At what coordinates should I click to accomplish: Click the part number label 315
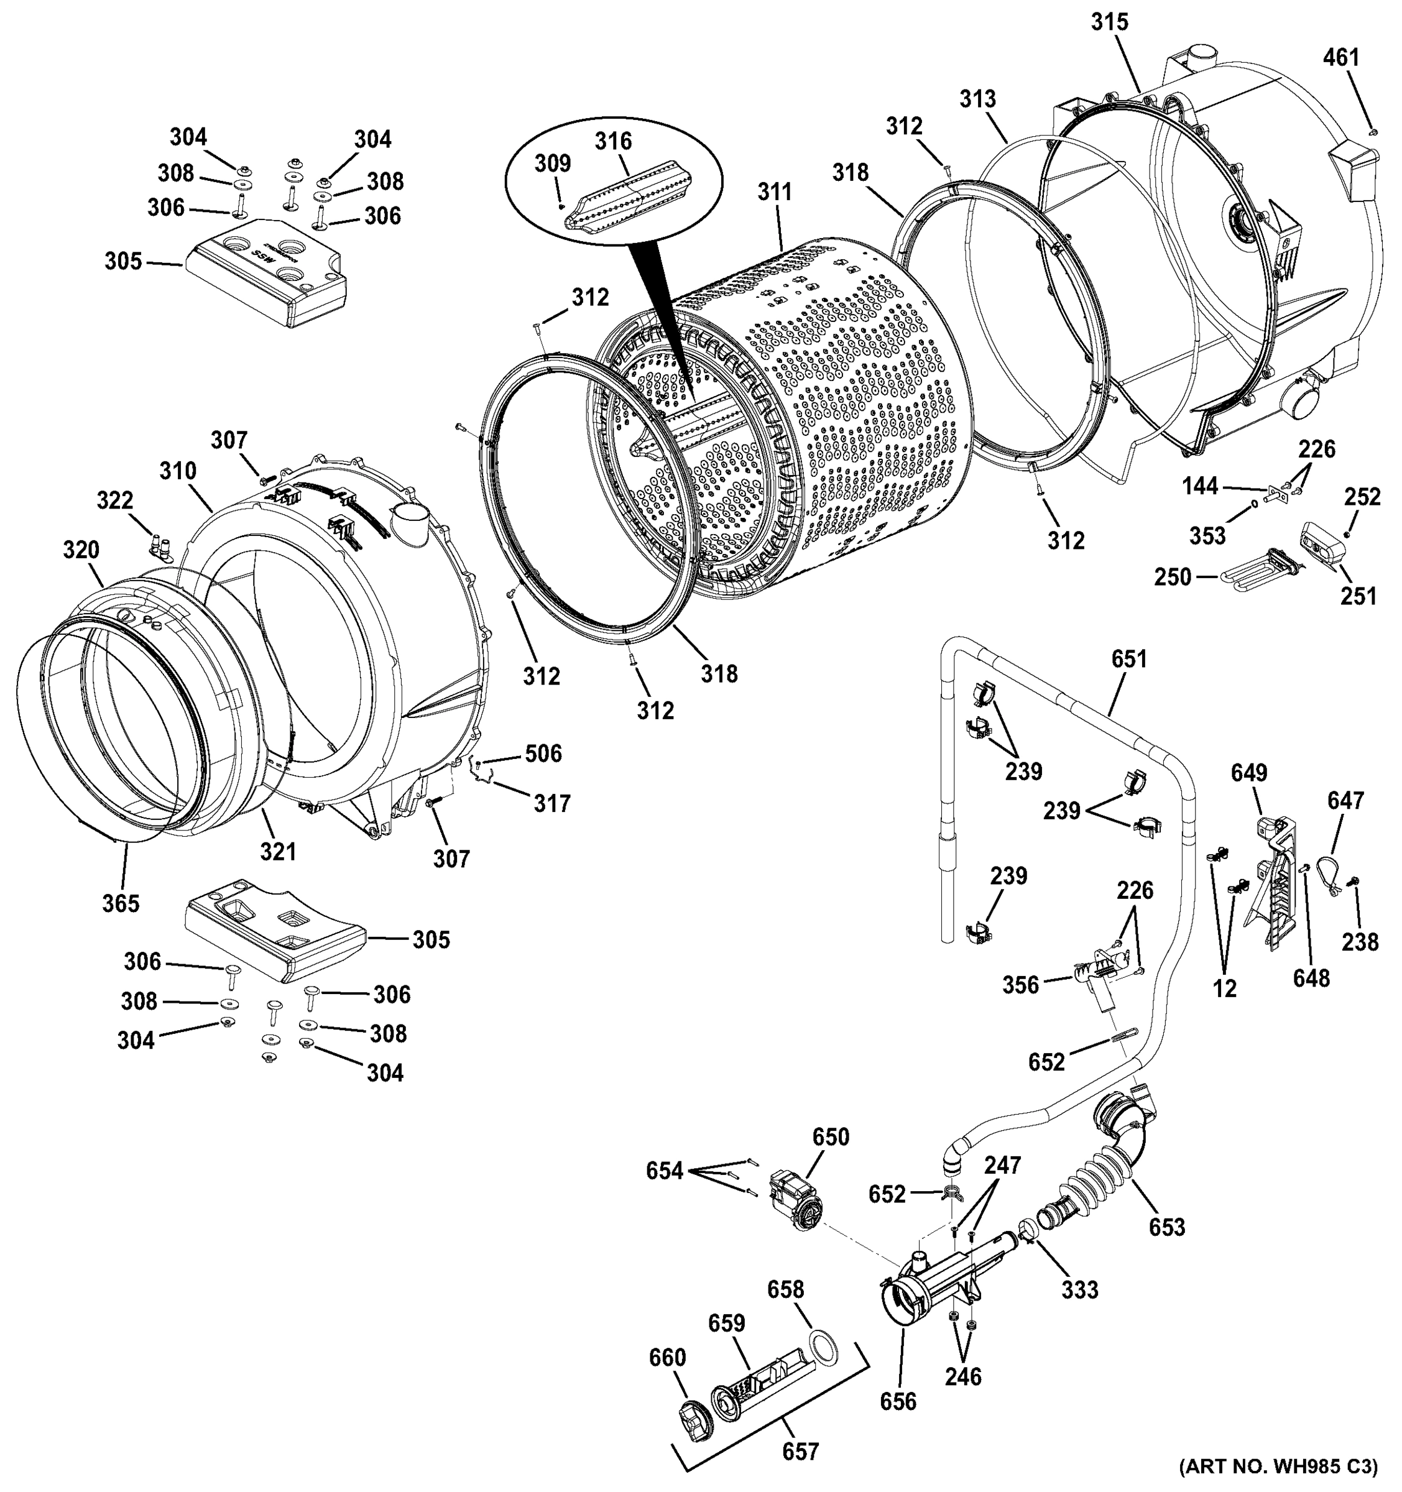point(1109,22)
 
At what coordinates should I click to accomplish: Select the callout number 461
point(1340,58)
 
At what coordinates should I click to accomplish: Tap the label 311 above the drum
point(774,193)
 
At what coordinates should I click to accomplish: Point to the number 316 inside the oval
point(613,141)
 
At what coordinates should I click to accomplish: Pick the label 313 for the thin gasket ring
point(977,99)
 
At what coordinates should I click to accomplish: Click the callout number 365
point(121,903)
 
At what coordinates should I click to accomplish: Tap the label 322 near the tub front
point(115,500)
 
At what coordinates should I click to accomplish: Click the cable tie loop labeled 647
point(1336,870)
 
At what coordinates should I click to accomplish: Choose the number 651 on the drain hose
point(1129,659)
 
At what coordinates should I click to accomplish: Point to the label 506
point(543,753)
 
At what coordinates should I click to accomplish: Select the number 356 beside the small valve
point(1021,985)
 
